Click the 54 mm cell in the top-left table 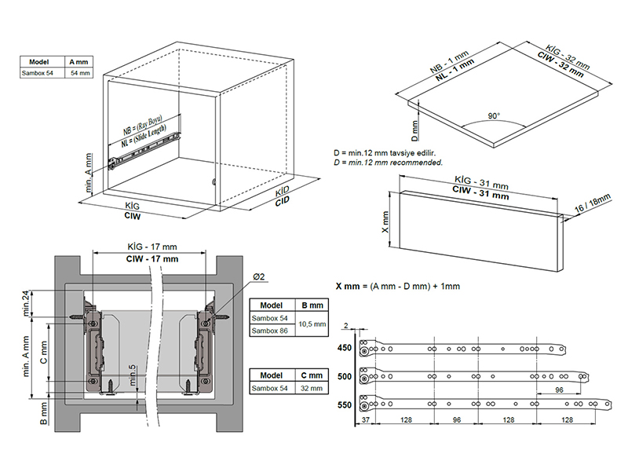click(x=80, y=72)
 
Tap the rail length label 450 click(x=345, y=349)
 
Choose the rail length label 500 click(x=345, y=376)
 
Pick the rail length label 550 click(x=345, y=405)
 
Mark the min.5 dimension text click(x=134, y=381)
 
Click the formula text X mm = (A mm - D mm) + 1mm click(x=396, y=286)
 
